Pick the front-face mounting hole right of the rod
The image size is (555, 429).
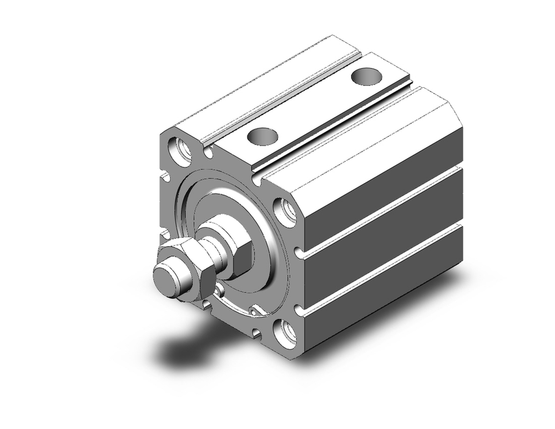pos(286,212)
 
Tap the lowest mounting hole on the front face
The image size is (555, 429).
pos(286,333)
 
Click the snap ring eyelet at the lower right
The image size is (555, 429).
pos(257,311)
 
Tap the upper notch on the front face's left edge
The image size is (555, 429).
pos(165,177)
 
